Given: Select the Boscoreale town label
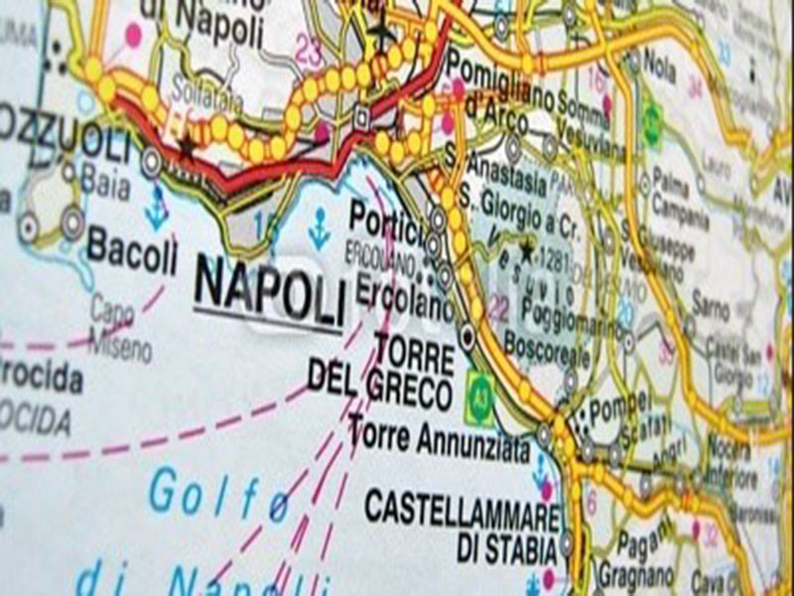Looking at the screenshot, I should (540, 351).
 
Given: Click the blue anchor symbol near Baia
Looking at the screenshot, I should (156, 212).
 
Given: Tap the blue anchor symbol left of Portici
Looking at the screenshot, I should (319, 229).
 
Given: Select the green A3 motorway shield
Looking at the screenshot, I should (480, 386).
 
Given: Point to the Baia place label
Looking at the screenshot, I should (106, 182).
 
